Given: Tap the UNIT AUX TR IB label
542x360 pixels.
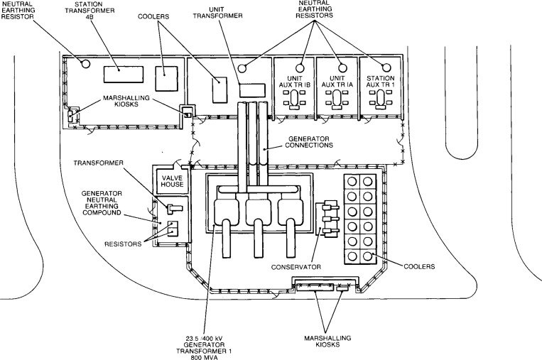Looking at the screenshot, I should click(294, 82).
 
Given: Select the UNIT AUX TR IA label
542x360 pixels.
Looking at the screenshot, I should click(336, 82).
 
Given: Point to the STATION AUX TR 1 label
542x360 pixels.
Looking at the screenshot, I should click(378, 82).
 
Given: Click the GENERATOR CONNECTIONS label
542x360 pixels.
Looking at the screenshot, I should click(306, 142).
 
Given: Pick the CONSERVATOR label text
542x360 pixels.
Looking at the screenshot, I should click(296, 268).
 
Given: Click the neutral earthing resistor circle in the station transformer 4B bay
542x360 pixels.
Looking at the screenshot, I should click(86, 63).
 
